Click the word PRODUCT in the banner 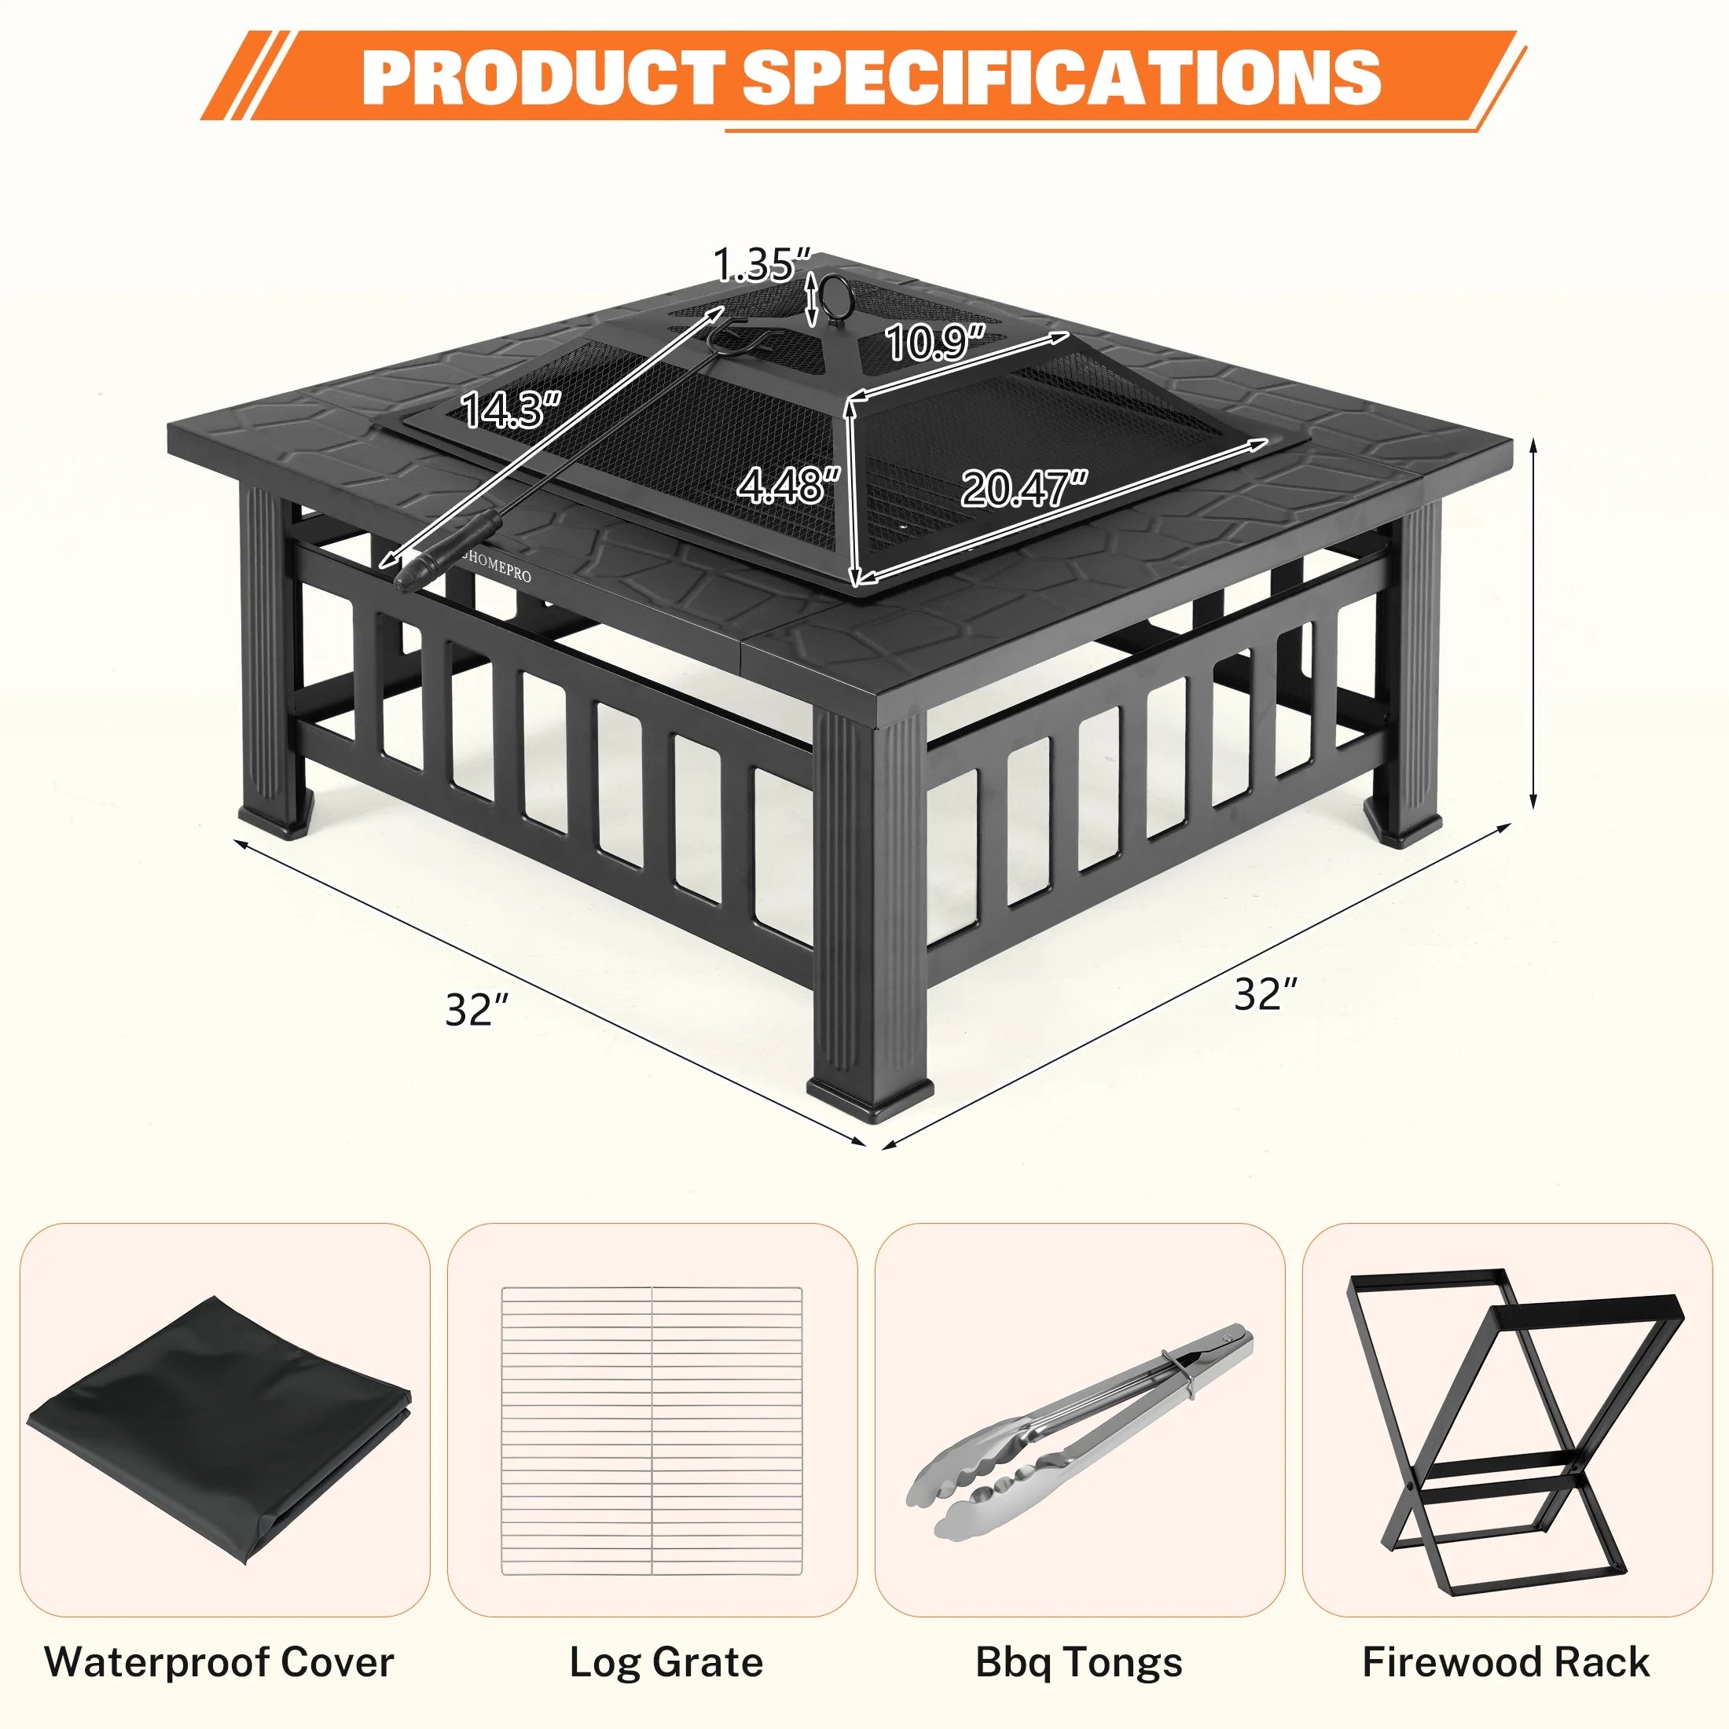click(x=543, y=77)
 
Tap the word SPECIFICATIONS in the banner click(x=1062, y=77)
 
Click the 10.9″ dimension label click(x=935, y=342)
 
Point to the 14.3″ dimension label click(x=510, y=410)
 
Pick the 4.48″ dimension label click(x=788, y=484)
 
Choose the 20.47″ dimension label click(x=1025, y=489)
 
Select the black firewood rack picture click(x=1505, y=1423)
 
